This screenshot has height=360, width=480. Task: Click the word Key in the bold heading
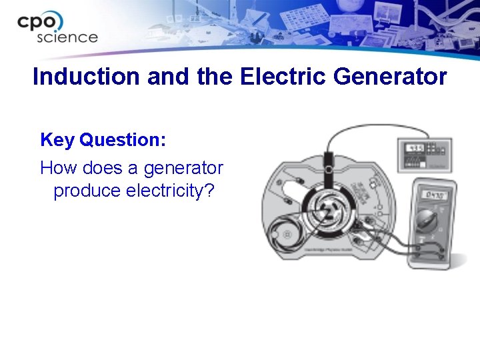tap(57, 141)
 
